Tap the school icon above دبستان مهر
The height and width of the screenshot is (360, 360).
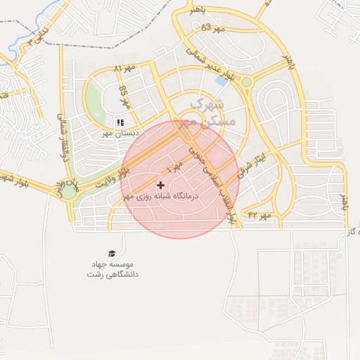point(120,122)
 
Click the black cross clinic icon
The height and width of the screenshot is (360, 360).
point(161,185)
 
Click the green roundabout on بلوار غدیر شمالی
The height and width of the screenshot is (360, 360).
point(246,82)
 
